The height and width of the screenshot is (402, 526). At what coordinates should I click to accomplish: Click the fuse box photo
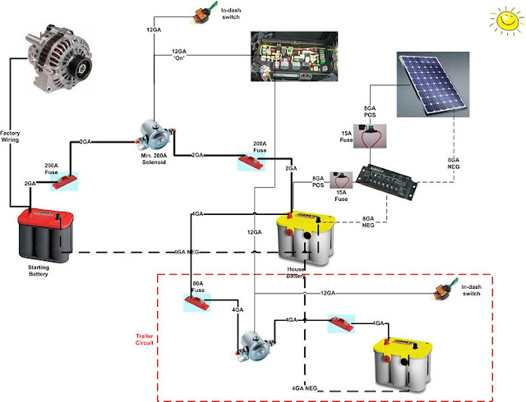(293, 58)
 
